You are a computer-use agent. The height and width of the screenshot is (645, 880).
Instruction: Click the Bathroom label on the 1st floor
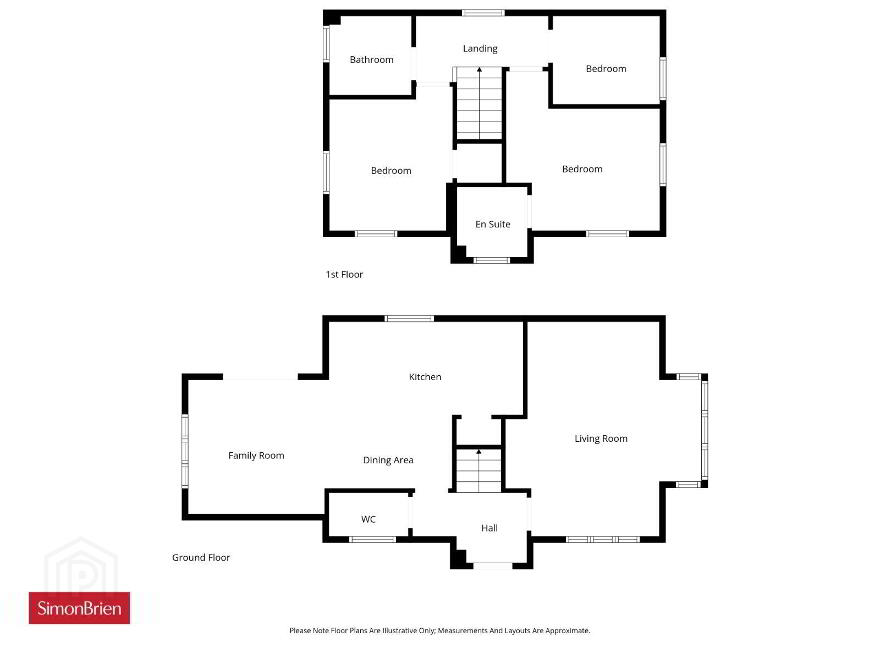[x=372, y=60]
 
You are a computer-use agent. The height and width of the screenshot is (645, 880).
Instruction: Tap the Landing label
[x=480, y=49]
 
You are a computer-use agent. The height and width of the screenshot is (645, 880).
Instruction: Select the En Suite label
[x=493, y=224]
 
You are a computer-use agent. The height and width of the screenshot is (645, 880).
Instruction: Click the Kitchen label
[x=425, y=377]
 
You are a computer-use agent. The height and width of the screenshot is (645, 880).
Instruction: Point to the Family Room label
[x=256, y=455]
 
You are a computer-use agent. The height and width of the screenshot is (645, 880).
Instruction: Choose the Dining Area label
[x=388, y=460]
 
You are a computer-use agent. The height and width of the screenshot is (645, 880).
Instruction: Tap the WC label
[x=368, y=519]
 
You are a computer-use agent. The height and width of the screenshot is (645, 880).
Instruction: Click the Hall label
[x=489, y=528]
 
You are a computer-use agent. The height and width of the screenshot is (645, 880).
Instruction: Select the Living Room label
[x=601, y=438]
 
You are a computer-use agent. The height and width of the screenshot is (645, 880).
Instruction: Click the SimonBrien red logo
[x=79, y=608]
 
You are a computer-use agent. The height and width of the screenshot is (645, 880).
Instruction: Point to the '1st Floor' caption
[x=344, y=275]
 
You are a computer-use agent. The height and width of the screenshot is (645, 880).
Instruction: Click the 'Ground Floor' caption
[x=201, y=557]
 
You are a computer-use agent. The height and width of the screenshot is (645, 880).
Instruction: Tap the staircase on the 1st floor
[x=479, y=103]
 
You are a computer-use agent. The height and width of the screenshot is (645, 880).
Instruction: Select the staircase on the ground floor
[x=479, y=470]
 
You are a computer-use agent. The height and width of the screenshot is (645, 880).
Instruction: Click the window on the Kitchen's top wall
[x=409, y=319]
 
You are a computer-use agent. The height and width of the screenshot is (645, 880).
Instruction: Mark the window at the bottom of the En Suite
[x=492, y=260]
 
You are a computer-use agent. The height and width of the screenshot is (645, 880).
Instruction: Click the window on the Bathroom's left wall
[x=326, y=44]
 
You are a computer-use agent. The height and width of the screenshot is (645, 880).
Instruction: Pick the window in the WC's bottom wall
[x=373, y=539]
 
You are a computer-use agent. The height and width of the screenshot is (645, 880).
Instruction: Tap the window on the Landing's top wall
[x=483, y=13]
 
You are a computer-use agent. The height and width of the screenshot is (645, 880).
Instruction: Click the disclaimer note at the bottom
[x=439, y=630]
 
